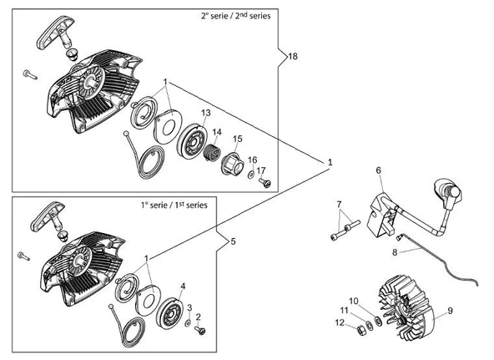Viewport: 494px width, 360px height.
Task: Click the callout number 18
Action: point(293,57)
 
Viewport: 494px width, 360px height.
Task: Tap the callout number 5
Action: point(233,241)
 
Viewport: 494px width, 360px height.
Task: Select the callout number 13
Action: point(206,113)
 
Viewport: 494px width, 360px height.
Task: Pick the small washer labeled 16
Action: point(251,174)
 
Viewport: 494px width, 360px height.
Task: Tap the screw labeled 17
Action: point(265,182)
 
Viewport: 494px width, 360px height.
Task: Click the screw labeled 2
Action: point(200,330)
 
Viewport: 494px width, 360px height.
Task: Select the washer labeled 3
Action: point(188,322)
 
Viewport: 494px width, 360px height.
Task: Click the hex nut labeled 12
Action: point(360,331)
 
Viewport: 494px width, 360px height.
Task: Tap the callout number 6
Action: point(378,170)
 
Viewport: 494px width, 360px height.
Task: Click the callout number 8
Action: point(395,252)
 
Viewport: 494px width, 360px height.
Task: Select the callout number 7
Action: point(339,205)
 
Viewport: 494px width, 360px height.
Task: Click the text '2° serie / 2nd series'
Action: point(235,16)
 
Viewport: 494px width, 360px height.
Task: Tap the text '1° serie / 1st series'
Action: point(174,205)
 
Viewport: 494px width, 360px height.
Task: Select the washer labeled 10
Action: point(377,321)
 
